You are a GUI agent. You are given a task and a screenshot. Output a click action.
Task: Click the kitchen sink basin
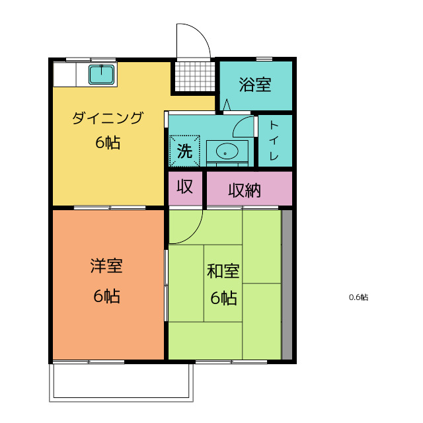102,75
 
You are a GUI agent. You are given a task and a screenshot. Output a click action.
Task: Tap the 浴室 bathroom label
255,85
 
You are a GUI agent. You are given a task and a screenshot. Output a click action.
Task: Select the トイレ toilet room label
274,141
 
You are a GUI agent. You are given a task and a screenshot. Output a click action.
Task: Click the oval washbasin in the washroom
227,151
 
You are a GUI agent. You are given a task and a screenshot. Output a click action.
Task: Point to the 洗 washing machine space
185,151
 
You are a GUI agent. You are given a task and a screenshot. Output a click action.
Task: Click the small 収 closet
185,188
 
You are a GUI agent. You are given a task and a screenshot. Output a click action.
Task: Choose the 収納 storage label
245,190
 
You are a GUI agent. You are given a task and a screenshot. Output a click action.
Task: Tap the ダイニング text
108,118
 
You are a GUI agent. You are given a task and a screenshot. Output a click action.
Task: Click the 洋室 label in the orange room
106,266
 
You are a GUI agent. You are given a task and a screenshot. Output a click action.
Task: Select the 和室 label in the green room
223,272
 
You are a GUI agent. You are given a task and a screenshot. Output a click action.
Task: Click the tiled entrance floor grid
195,77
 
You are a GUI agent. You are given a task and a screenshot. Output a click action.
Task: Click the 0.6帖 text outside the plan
358,297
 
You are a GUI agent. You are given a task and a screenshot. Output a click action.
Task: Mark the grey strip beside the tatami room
287,285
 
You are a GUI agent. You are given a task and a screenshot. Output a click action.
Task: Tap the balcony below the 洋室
122,383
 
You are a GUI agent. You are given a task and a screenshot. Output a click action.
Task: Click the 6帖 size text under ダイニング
108,143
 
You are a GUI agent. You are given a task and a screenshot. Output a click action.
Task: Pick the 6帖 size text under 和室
223,298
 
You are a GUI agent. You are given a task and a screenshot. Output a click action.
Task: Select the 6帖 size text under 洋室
106,296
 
